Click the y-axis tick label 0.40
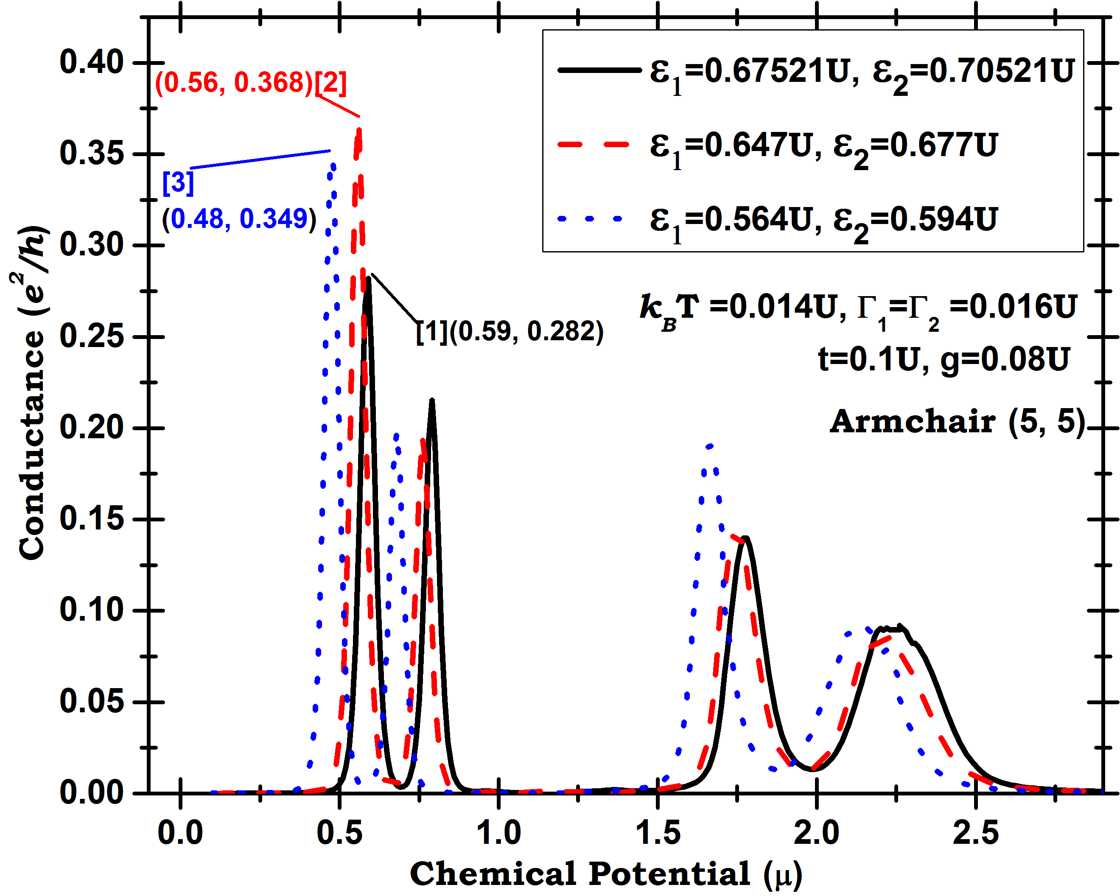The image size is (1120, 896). pos(92,62)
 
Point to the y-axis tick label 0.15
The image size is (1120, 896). pos(92,519)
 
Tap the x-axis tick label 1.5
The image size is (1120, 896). pos(658,833)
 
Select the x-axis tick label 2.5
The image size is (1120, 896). pos(976,833)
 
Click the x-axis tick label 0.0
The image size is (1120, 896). pos(180,833)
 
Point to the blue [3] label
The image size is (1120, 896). pos(178,183)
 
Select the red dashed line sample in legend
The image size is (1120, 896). pos(594,144)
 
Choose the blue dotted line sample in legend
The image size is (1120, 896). pos(590,218)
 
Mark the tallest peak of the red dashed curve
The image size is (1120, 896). pos(359,129)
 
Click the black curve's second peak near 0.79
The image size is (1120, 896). pos(432,400)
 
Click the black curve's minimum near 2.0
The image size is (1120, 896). pos(814,770)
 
